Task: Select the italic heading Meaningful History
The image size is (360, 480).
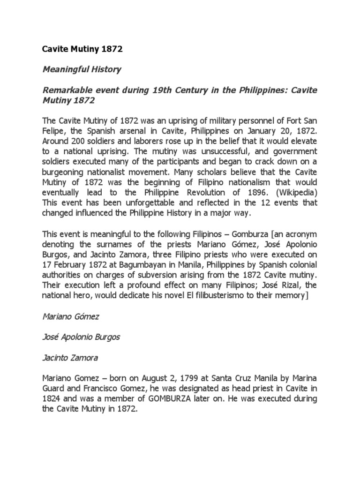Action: tap(82, 69)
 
